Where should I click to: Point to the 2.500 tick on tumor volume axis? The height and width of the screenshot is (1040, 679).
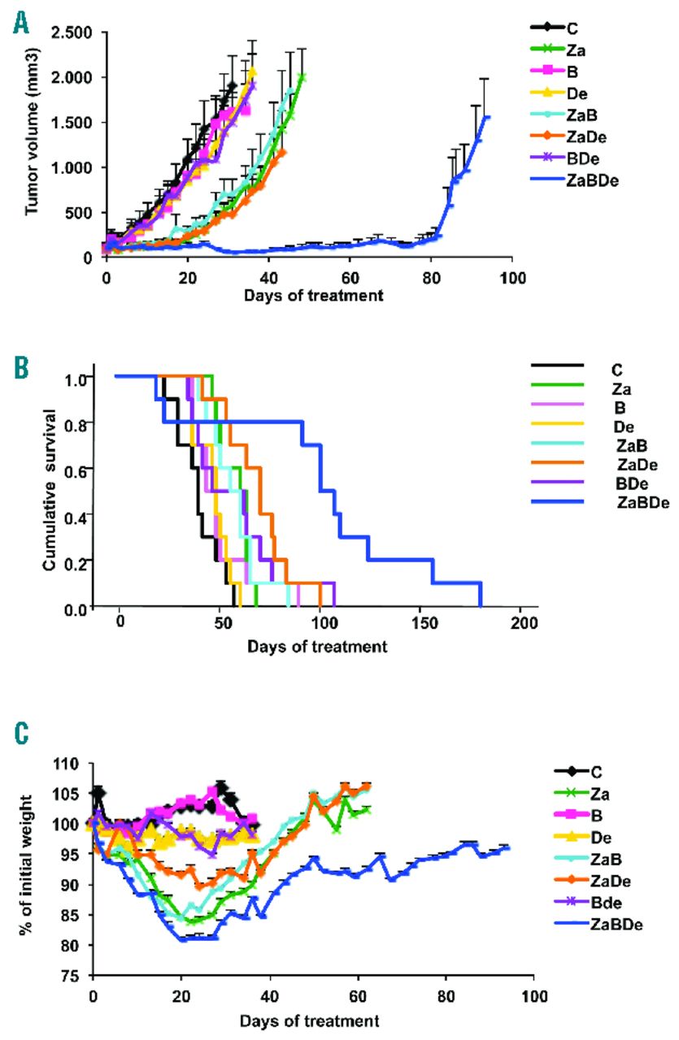(70, 33)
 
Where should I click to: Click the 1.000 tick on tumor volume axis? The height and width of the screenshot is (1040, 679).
(70, 167)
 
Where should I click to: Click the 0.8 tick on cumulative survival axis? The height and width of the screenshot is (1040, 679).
(75, 422)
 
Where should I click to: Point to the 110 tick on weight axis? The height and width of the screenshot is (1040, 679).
(69, 765)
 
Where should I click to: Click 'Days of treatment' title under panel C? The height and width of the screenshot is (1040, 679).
(313, 1019)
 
